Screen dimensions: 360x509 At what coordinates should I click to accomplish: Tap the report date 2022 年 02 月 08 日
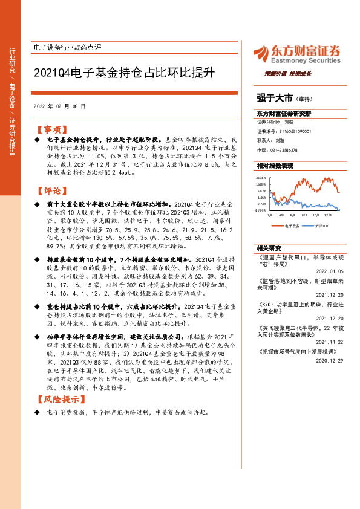point(59,105)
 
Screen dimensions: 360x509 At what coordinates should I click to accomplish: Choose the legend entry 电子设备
point(292,225)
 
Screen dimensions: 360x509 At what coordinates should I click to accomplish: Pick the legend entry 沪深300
point(321,225)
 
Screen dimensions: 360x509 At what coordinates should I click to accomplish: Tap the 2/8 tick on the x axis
point(270,215)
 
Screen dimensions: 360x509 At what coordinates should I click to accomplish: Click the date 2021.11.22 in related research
point(331,342)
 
